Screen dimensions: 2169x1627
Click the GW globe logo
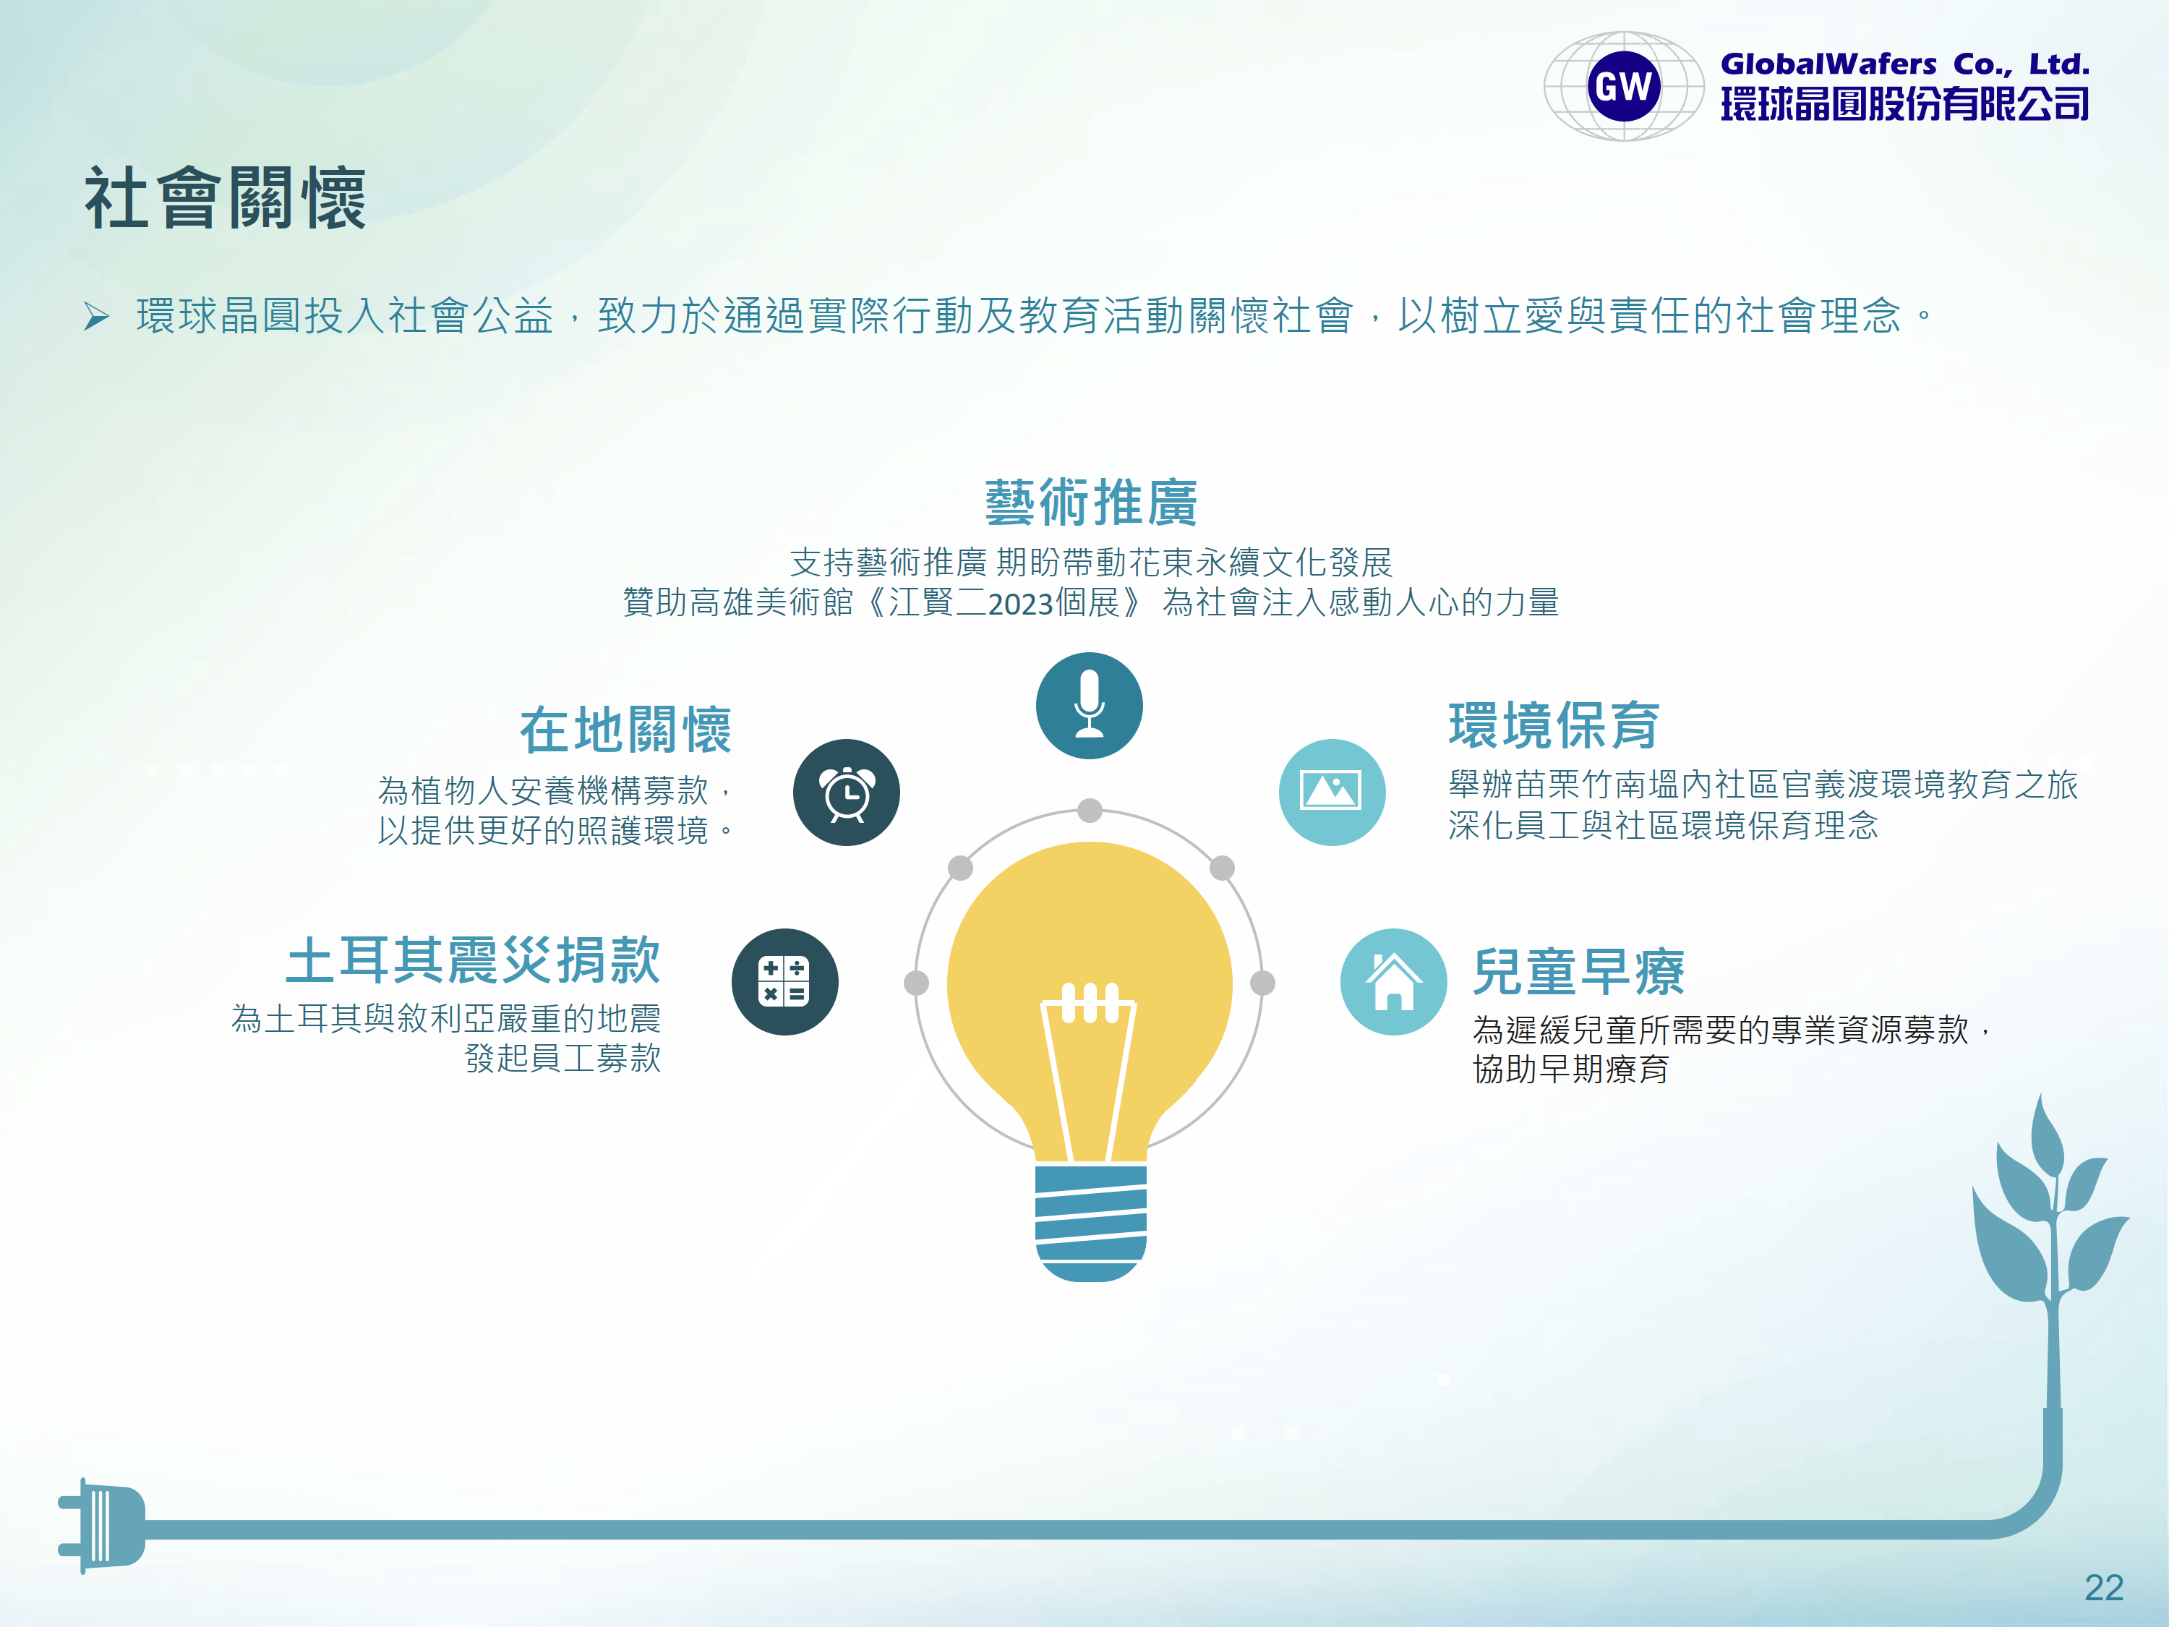point(1624,86)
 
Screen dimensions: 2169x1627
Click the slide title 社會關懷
point(226,198)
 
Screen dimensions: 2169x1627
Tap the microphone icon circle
point(1090,705)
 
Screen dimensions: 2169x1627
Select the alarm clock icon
point(846,793)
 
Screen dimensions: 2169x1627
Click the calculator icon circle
point(784,982)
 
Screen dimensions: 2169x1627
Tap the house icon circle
point(1393,982)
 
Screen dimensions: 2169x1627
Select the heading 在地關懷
point(625,730)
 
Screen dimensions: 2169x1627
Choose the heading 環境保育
point(1554,726)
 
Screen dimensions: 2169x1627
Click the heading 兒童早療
point(1579,972)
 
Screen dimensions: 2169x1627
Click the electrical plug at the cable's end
point(102,1526)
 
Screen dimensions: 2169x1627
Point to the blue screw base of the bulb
point(1090,1222)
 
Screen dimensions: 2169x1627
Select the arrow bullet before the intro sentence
point(96,317)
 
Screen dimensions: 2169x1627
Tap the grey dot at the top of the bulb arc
point(1090,810)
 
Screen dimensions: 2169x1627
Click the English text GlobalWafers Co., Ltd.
point(1904,64)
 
